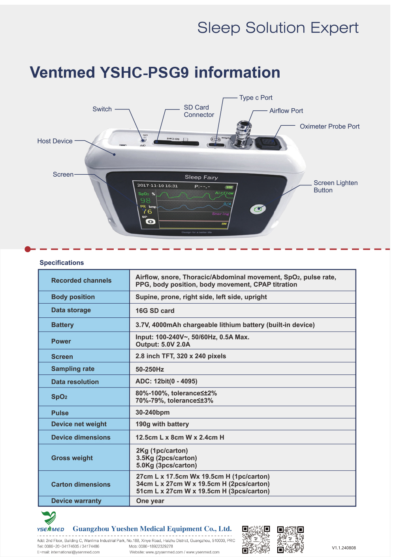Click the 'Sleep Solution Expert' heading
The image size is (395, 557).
[x=278, y=28]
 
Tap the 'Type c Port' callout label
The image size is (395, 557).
[x=256, y=98]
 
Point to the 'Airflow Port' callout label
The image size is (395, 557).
[x=286, y=111]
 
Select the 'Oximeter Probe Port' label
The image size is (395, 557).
[x=329, y=127]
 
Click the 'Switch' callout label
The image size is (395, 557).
[x=102, y=109]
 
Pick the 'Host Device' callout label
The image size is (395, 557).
[x=55, y=141]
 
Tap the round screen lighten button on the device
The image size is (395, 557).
[x=258, y=209]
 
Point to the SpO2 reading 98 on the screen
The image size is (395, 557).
[x=145, y=200]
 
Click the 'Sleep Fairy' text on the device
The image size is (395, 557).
[x=201, y=177]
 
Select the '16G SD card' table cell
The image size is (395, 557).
[x=155, y=311]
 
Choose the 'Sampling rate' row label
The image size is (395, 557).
[x=73, y=369]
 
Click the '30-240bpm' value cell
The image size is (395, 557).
[x=152, y=412]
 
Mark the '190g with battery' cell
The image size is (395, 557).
[x=162, y=424]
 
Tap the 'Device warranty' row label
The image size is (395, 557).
[x=76, y=501]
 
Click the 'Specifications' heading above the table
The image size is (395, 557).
[x=62, y=263]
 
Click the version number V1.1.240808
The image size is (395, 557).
[x=344, y=548]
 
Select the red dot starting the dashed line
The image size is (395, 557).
[x=28, y=249]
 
